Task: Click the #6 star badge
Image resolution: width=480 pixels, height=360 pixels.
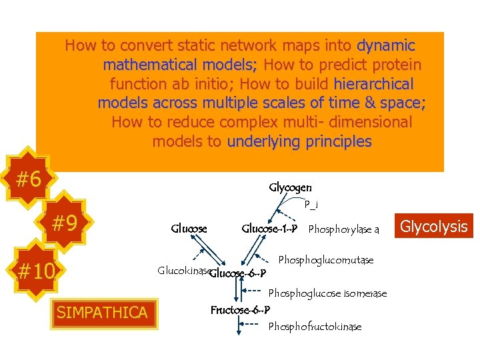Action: [x=29, y=179]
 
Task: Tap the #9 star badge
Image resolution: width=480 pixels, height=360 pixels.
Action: [x=65, y=223]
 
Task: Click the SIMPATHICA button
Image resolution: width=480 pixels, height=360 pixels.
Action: [x=102, y=311]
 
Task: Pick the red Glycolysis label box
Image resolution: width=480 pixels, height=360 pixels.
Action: [x=435, y=227]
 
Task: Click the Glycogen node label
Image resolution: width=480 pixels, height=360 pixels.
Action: [x=290, y=188]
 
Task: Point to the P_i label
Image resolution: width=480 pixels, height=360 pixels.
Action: [x=311, y=205]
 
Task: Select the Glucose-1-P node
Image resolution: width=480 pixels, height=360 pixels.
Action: [x=269, y=229]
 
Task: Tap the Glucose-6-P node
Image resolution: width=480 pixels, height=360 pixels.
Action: [x=239, y=273]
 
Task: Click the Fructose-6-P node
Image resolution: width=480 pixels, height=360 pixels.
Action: [x=240, y=310]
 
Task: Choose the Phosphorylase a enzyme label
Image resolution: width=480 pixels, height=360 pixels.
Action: [x=343, y=230]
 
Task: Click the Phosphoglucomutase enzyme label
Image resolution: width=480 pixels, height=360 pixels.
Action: [x=325, y=259]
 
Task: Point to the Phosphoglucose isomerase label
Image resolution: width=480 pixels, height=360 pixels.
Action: [x=327, y=293]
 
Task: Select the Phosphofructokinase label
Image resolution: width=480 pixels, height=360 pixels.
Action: [x=315, y=326]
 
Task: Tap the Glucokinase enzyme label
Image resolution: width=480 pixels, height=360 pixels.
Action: [x=183, y=271]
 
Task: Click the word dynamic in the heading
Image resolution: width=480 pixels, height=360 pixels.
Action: [x=386, y=46]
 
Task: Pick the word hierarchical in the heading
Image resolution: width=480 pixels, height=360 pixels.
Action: [x=373, y=84]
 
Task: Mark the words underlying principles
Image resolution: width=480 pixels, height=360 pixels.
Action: [x=299, y=141]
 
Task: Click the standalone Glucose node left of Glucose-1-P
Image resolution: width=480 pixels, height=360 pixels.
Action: [x=189, y=229]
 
